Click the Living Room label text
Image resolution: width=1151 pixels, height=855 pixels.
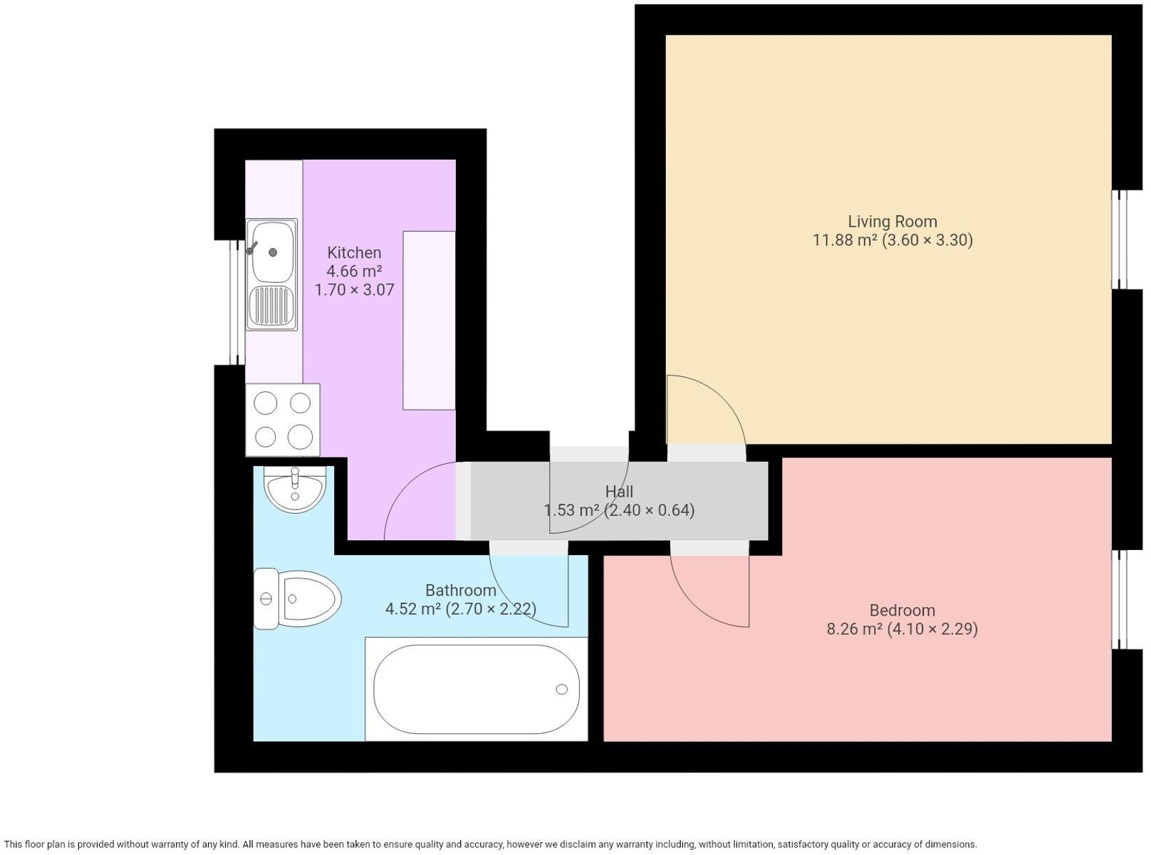pyautogui.click(x=892, y=222)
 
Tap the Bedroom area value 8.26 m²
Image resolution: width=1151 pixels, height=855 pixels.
pyautogui.click(x=854, y=629)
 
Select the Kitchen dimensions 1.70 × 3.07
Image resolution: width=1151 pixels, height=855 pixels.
pyautogui.click(x=354, y=290)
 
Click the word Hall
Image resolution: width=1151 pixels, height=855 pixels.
pyautogui.click(x=619, y=492)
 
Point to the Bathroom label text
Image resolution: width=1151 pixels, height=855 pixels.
pyautogui.click(x=460, y=591)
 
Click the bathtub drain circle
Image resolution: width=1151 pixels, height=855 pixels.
pyautogui.click(x=561, y=689)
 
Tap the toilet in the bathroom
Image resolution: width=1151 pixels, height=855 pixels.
pyautogui.click(x=298, y=598)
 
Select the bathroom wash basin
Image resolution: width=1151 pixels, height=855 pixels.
pyautogui.click(x=294, y=489)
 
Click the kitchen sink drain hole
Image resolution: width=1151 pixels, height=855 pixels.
pyautogui.click(x=273, y=252)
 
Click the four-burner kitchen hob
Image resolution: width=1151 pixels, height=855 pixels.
pyautogui.click(x=283, y=420)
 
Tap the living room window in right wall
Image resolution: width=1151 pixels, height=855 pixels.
pyautogui.click(x=1120, y=239)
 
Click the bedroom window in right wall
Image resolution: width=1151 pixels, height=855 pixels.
pyautogui.click(x=1120, y=599)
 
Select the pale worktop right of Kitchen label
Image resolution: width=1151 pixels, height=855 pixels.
pyautogui.click(x=429, y=321)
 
